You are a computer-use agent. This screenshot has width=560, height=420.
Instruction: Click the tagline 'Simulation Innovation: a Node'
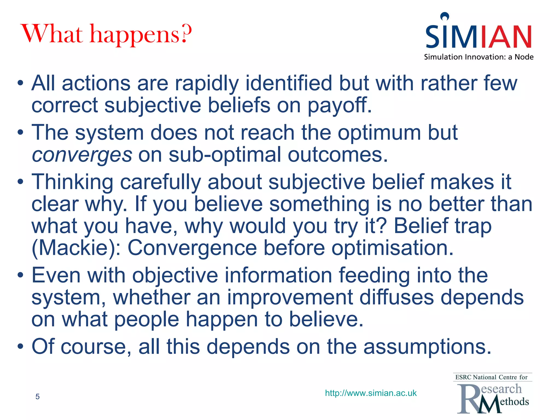coord(479,57)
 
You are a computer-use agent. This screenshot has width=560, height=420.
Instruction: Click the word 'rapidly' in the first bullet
coord(207,83)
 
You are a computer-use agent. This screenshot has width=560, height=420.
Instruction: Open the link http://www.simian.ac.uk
coord(371,393)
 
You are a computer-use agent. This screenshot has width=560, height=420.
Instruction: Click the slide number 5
coord(37,396)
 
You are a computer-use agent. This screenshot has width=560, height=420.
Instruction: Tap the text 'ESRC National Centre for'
coord(491,377)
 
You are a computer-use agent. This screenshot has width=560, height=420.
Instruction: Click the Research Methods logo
coord(492,398)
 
